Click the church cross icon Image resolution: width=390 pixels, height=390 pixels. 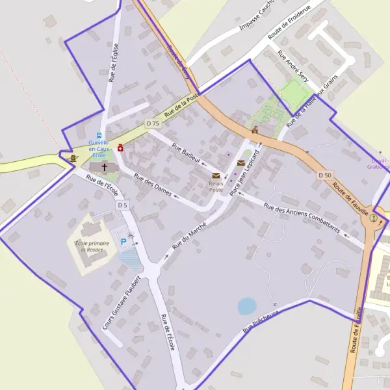103,167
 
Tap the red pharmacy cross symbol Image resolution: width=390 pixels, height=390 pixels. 121,148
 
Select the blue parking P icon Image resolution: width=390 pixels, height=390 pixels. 123,242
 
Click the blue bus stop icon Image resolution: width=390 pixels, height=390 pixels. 99,135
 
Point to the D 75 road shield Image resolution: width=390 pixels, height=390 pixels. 153,123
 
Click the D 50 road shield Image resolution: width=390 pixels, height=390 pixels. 326,175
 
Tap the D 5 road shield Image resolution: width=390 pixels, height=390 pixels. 123,205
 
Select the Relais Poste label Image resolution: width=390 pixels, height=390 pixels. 216,187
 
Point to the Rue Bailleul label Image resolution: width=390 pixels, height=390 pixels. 187,153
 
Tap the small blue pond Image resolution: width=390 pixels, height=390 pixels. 247,305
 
